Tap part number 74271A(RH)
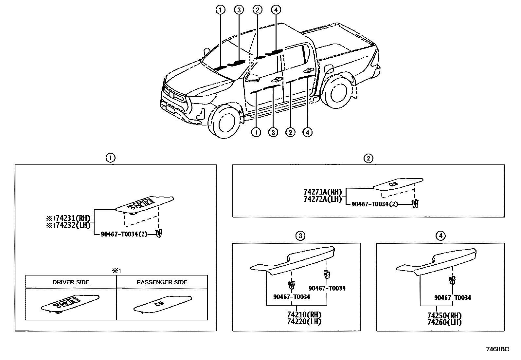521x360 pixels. click(x=323, y=192)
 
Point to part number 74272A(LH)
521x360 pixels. click(x=323, y=199)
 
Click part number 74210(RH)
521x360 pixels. click(x=304, y=315)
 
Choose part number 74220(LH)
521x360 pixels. click(x=304, y=322)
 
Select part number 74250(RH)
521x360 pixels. click(x=444, y=315)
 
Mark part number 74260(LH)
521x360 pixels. click(x=444, y=322)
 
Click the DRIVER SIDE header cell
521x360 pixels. click(x=71, y=282)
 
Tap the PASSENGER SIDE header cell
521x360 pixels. click(x=162, y=282)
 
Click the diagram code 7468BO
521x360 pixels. click(x=497, y=350)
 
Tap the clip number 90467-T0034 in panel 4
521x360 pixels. click(x=453, y=298)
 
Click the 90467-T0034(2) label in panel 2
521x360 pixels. click(x=374, y=204)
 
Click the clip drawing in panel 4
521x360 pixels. click(x=452, y=280)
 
